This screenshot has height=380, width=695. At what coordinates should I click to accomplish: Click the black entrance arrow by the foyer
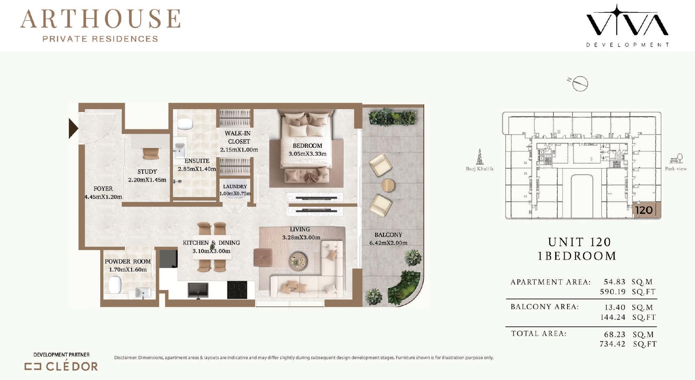pyautogui.click(x=73, y=128)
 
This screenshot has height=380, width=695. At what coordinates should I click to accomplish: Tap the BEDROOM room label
pyautogui.click(x=307, y=146)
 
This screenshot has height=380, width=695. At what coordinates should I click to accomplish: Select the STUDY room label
pyautogui.click(x=147, y=172)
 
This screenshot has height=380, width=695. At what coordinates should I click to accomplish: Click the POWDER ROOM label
pyautogui.click(x=128, y=261)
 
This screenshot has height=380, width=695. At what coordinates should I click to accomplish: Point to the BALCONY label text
pyautogui.click(x=388, y=235)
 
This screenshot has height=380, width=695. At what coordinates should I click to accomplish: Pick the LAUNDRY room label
pyautogui.click(x=235, y=187)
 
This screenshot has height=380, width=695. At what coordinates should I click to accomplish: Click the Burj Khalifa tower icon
pyautogui.click(x=480, y=157)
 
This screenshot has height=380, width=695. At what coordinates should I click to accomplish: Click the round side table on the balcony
pyautogui.click(x=388, y=186)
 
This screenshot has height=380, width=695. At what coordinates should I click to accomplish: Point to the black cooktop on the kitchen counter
pyautogui.click(x=237, y=290)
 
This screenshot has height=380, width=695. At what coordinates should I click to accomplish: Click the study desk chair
pyautogui.click(x=151, y=154)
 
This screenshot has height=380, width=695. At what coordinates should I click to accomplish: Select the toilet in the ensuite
pyautogui.click(x=186, y=125)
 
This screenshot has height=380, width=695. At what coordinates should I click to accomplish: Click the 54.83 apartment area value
pyautogui.click(x=614, y=282)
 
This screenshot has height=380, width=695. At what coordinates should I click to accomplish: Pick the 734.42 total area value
pyautogui.click(x=612, y=344)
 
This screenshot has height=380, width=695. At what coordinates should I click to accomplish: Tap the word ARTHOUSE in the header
pyautogui.click(x=101, y=19)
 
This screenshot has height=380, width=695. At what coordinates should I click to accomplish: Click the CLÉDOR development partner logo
pyautogui.click(x=61, y=367)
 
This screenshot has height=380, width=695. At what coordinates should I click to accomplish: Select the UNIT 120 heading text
pyautogui.click(x=579, y=242)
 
